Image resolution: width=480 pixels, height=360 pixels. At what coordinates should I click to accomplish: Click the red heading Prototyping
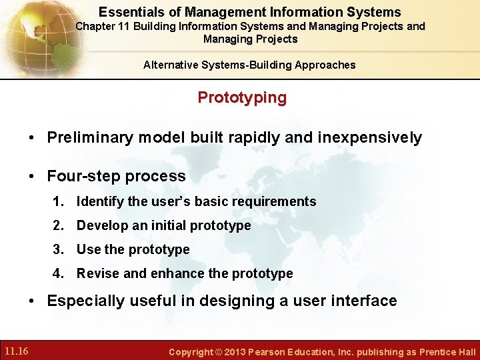(x=242, y=97)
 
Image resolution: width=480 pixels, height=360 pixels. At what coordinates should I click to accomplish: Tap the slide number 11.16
(x=16, y=351)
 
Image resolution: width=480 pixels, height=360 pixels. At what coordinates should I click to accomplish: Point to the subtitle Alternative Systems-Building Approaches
(x=249, y=65)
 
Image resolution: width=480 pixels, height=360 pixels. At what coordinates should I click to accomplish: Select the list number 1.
(x=57, y=201)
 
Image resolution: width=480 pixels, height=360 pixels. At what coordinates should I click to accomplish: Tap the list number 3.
(x=57, y=249)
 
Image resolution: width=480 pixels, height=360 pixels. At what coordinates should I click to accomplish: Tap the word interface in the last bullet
(x=363, y=301)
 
